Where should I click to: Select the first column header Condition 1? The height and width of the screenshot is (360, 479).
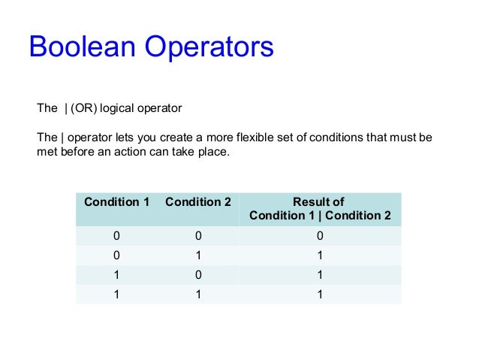coord(116,202)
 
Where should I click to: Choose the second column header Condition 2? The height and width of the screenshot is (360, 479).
coord(198,202)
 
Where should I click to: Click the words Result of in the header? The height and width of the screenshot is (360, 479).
coord(318,202)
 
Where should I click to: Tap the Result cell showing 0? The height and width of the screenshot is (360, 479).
coord(320,236)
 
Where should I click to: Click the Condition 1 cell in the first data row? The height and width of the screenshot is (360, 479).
coord(116,236)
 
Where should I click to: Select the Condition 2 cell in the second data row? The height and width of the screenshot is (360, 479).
coord(198,256)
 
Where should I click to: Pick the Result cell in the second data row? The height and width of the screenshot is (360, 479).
coord(320,256)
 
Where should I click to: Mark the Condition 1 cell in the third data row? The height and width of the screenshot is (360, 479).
coord(116,275)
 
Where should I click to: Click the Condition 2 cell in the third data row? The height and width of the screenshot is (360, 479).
coord(198,275)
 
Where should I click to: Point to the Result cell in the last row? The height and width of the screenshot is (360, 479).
coord(320,295)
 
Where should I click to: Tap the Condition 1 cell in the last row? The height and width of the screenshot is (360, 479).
coord(116,295)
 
